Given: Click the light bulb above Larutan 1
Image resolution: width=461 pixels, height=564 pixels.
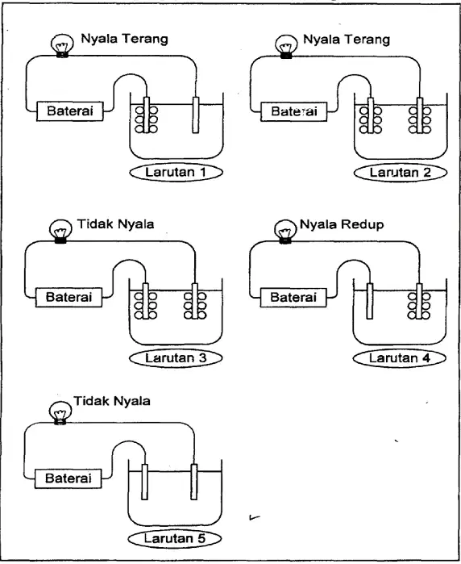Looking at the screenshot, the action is pyautogui.click(x=62, y=46).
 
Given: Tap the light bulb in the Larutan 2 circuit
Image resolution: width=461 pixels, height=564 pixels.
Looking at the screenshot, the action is pyautogui.click(x=286, y=46).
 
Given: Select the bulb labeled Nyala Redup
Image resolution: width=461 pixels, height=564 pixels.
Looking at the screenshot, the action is pyautogui.click(x=285, y=232).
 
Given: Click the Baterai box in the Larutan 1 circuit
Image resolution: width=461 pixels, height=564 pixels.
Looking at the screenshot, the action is pyautogui.click(x=69, y=111).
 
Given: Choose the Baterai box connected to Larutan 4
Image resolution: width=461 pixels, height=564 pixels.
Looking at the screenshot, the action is pyautogui.click(x=293, y=298).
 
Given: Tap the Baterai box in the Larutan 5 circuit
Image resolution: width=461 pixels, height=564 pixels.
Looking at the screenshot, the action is pyautogui.click(x=68, y=478).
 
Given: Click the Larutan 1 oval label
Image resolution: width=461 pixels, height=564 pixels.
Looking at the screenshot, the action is pyautogui.click(x=176, y=173).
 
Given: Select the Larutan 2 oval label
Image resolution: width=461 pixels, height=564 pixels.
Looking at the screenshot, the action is pyautogui.click(x=401, y=173).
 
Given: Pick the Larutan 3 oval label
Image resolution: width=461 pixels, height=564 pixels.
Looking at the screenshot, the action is pyautogui.click(x=176, y=358).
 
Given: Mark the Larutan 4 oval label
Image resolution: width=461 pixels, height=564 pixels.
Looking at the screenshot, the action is pyautogui.click(x=400, y=358).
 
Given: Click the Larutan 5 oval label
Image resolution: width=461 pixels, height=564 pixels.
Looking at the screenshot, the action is pyautogui.click(x=175, y=538).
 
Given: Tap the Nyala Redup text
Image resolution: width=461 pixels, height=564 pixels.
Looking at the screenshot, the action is pyautogui.click(x=342, y=224).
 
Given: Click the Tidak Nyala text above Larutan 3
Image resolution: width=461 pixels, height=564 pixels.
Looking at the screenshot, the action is pyautogui.click(x=116, y=224).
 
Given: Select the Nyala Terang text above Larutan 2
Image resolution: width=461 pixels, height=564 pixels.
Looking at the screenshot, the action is pyautogui.click(x=347, y=40).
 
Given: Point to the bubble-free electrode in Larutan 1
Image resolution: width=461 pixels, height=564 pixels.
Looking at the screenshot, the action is pyautogui.click(x=196, y=115).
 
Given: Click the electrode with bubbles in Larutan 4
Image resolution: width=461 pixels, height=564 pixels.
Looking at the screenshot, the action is pyautogui.click(x=419, y=301).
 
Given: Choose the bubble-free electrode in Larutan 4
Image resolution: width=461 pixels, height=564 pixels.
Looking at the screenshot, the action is pyautogui.click(x=369, y=301).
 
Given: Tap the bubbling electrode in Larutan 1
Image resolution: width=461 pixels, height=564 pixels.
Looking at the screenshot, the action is pyautogui.click(x=146, y=115).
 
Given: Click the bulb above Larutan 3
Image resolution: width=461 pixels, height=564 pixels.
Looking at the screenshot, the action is pyautogui.click(x=60, y=232).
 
